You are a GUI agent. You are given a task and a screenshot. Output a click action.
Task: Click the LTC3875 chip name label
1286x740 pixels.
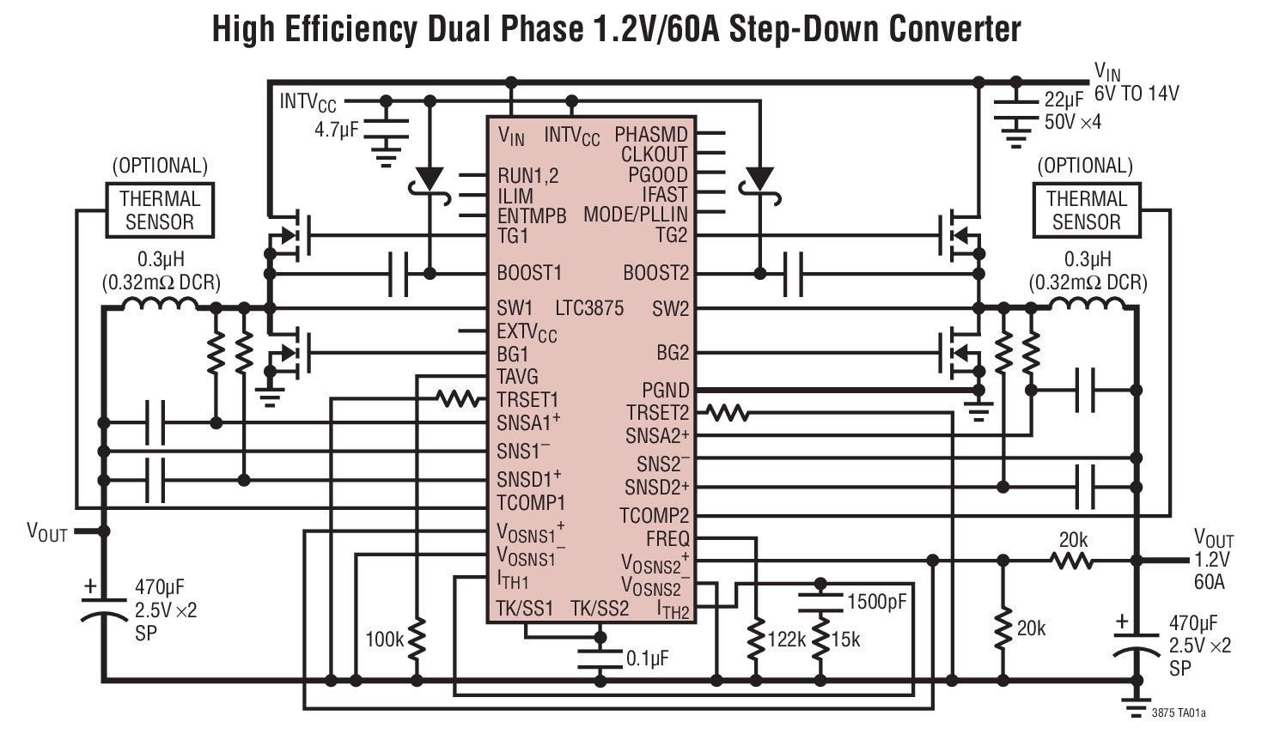(x=589, y=308)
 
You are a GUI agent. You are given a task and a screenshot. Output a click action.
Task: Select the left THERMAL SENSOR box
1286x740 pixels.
(x=159, y=210)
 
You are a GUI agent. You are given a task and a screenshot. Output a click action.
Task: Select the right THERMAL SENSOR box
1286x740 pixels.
(x=1086, y=210)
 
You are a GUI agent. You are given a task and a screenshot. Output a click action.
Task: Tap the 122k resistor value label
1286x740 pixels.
(x=786, y=640)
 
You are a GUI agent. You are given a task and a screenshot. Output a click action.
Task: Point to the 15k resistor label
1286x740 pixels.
(x=845, y=640)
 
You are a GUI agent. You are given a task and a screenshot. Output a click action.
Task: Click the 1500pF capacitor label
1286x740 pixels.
(x=876, y=601)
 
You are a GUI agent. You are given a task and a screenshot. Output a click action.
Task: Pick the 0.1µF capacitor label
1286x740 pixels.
(x=647, y=658)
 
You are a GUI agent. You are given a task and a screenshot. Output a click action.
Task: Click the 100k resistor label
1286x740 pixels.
(x=384, y=640)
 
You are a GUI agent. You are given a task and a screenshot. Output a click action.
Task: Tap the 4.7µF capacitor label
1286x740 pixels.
(x=336, y=130)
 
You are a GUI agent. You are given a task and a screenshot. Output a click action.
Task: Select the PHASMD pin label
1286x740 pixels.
(x=650, y=135)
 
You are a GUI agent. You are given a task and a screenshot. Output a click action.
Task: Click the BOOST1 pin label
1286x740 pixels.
(x=528, y=273)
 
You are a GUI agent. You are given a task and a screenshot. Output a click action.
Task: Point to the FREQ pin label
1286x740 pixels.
(x=667, y=539)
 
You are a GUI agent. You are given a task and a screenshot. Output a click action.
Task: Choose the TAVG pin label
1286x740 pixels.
(x=517, y=377)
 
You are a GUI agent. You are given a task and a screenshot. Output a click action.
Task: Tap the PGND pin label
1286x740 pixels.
(x=665, y=391)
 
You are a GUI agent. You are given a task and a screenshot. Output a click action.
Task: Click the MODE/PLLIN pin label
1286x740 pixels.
(x=636, y=215)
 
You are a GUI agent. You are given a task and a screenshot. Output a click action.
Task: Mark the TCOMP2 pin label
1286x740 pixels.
(x=655, y=516)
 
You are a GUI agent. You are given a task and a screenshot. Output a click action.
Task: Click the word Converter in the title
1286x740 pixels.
(x=954, y=29)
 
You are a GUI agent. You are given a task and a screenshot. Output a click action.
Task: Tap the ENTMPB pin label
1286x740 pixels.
(x=532, y=216)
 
